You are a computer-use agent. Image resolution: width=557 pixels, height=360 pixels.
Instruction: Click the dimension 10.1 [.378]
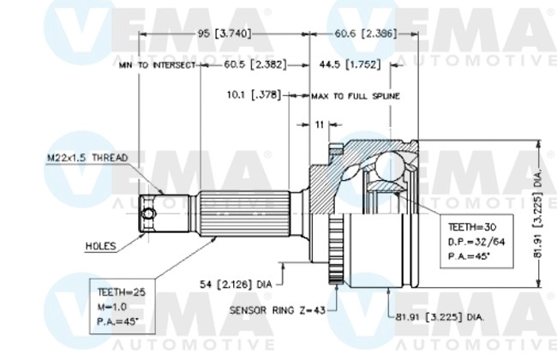255,95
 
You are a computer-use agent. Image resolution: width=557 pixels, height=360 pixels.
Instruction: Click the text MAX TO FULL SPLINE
355,96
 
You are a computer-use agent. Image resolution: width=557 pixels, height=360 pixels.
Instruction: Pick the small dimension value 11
320,124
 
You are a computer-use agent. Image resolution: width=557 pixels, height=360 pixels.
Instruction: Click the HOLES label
100,245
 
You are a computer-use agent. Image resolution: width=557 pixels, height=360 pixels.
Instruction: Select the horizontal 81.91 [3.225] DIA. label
439,316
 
